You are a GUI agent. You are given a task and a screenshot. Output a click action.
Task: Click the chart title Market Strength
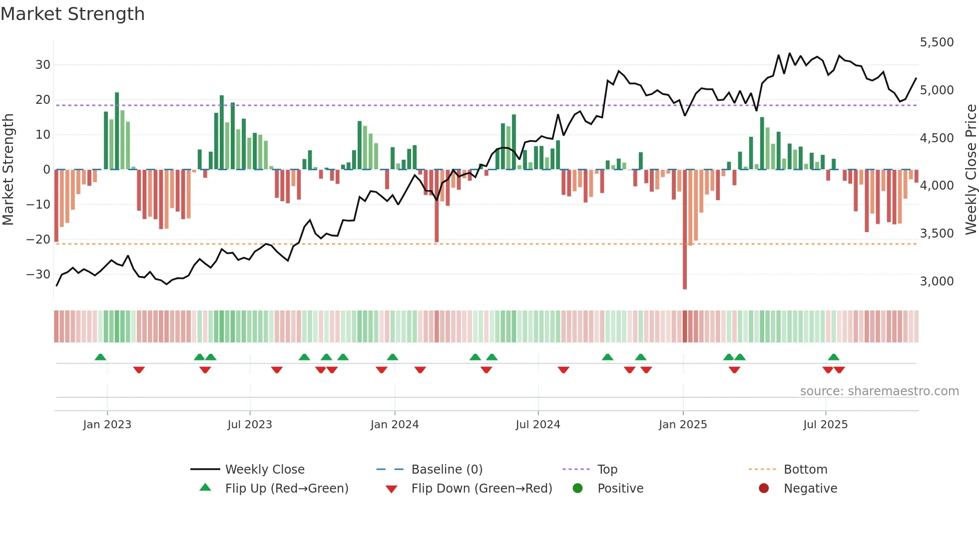(72, 14)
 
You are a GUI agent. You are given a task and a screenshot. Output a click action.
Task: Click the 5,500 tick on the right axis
(937, 42)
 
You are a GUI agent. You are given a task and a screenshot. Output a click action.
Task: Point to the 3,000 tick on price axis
(937, 281)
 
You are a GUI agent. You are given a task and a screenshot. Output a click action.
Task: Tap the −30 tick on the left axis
(38, 275)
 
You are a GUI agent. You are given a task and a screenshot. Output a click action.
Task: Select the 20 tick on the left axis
(43, 100)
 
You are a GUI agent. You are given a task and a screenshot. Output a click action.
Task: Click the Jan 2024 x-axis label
(395, 425)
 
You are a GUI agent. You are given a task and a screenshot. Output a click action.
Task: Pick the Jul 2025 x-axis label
(825, 425)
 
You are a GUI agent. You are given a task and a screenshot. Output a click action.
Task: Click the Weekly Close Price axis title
(971, 170)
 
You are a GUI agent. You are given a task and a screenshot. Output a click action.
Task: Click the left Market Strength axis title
(8, 170)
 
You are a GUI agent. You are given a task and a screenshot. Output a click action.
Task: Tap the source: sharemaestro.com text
(879, 391)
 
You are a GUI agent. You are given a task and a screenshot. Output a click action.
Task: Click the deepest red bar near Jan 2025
(685, 230)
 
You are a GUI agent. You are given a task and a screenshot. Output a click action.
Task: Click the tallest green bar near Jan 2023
(117, 131)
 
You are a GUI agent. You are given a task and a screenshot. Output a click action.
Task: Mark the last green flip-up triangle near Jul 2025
(833, 357)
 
